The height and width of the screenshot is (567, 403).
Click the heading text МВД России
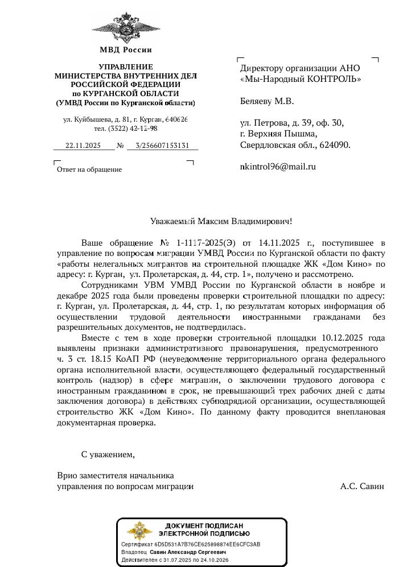pos(125,50)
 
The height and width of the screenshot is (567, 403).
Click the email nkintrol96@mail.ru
pos(278,167)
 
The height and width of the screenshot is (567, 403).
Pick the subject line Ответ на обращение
pos(89,169)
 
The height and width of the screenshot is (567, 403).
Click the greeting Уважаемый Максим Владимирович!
pos(221,221)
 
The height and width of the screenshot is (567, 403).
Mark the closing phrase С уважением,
pos(108,454)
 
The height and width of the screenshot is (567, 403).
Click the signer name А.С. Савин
pos(362,486)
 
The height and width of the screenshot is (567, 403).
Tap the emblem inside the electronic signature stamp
pos(139,531)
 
